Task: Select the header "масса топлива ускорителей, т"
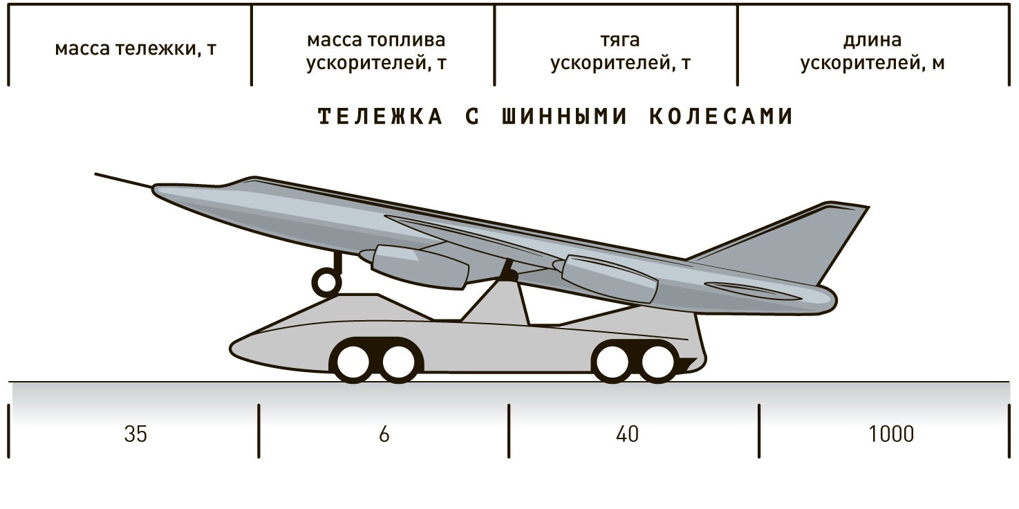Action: pyautogui.click(x=376, y=51)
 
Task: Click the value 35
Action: pyautogui.click(x=136, y=434)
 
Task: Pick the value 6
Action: pyautogui.click(x=384, y=434)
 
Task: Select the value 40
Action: pyautogui.click(x=628, y=434)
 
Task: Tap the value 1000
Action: pyautogui.click(x=891, y=434)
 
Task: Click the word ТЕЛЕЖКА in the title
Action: pyautogui.click(x=380, y=117)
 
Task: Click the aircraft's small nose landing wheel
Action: pyautogui.click(x=326, y=281)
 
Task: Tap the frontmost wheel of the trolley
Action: pyautogui.click(x=353, y=360)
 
